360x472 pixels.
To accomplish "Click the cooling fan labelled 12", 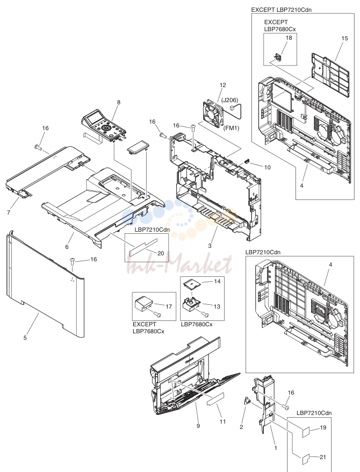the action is point(213,113).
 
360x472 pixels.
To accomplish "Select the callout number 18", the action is point(289,38).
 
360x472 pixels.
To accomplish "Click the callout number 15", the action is point(344,38).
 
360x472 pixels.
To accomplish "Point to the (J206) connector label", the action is point(229,100).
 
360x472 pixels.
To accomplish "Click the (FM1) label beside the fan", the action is point(231,128).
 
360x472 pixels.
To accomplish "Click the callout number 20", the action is point(161,253).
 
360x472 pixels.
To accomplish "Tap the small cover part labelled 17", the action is point(143,304).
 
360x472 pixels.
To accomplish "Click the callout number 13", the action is point(217,306).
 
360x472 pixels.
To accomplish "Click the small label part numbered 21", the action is point(306,459).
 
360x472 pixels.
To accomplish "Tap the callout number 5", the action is point(25,338).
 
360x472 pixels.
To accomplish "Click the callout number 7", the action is point(9,212).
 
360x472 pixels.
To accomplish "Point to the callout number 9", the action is point(198,426).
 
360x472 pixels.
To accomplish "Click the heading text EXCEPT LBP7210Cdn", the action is point(281,10).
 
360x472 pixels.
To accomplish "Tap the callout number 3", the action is point(210,246).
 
